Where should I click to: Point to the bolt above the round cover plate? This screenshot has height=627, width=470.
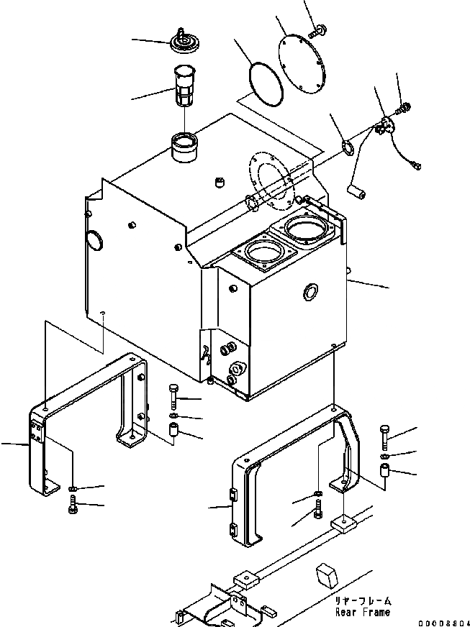tap(317, 31)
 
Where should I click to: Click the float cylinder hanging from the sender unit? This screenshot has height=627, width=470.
tap(358, 190)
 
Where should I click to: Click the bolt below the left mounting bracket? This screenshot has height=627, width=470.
tap(72, 509)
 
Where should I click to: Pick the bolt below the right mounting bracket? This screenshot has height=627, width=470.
tap(319, 512)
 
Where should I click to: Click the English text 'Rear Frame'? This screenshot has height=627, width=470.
tap(362, 612)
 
